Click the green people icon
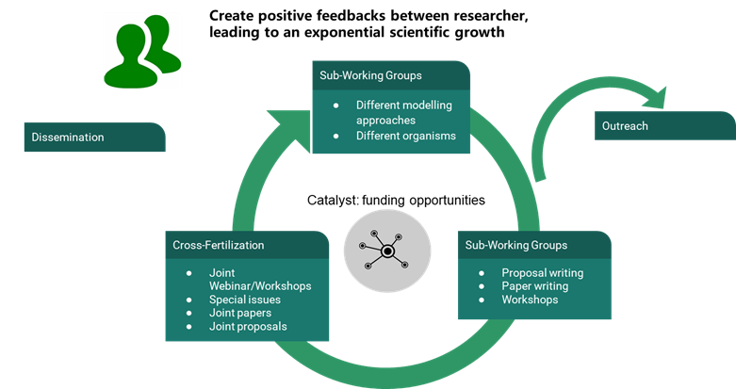[x=142, y=51]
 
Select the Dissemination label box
[x=94, y=138]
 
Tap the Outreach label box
[x=664, y=126]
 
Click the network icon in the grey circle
[x=386, y=250]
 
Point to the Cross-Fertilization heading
[x=219, y=245]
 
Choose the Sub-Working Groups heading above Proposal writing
[x=516, y=245]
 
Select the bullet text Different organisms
[x=406, y=136]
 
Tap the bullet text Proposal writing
[x=542, y=273]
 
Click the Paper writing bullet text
[x=534, y=286]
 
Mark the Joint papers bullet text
[x=241, y=313]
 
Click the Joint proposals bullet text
[x=248, y=326]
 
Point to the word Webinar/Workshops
[x=260, y=286]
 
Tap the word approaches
[x=385, y=120]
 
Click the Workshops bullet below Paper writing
[x=530, y=300]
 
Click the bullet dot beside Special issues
[x=190, y=300]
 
